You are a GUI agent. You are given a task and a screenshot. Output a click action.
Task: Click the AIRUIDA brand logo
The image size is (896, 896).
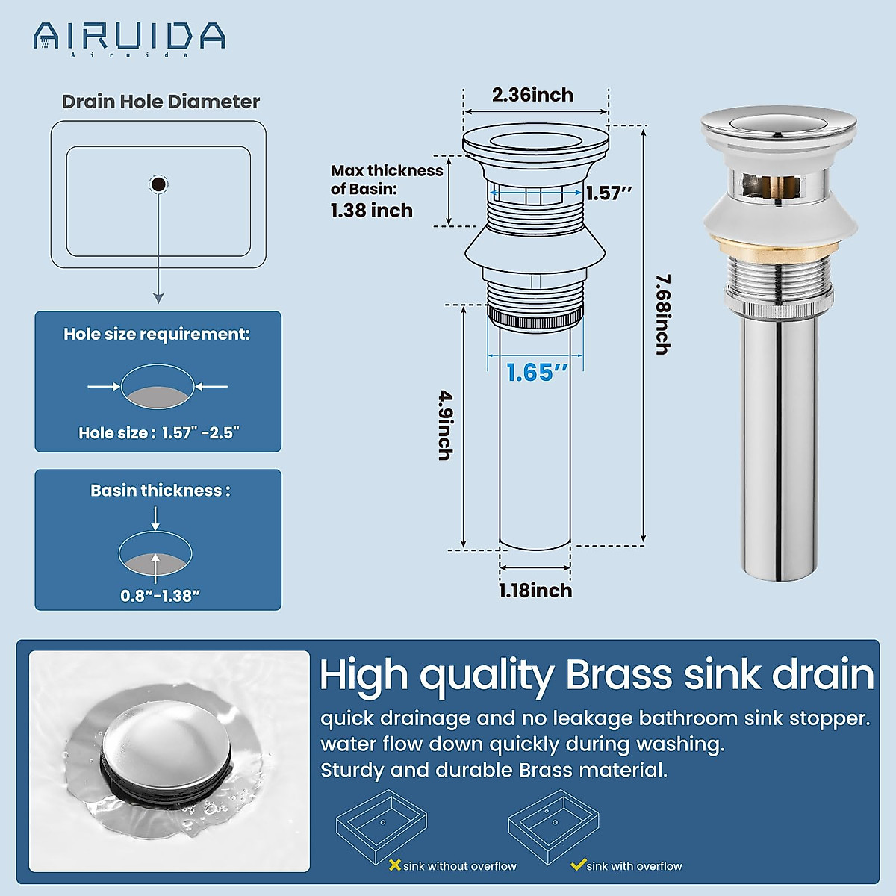tap(129, 37)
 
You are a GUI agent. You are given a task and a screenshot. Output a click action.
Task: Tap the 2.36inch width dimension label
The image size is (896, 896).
tap(532, 95)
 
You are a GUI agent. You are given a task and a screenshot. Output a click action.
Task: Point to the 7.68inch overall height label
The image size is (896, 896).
tap(662, 314)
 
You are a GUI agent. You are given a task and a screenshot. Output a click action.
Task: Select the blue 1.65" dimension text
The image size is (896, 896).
tap(537, 372)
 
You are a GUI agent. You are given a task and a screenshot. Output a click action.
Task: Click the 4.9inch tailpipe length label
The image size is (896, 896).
tap(445, 425)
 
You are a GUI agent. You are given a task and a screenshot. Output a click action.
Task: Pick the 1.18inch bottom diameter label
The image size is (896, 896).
tap(535, 591)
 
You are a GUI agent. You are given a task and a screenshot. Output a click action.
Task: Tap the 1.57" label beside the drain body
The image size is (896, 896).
tap(609, 193)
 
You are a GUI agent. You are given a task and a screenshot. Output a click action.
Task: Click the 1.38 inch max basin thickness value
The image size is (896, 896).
tap(372, 211)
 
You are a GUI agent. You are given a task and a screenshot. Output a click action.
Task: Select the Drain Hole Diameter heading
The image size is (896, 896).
tap(161, 102)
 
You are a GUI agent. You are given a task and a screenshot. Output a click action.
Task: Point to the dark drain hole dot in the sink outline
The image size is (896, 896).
tap(158, 184)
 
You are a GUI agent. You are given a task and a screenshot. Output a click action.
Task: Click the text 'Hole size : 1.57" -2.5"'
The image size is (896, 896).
tap(158, 432)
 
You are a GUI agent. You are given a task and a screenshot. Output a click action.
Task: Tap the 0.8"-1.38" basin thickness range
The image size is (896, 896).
tap(161, 596)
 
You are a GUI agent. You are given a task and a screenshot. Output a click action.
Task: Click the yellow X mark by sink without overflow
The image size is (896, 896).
tap(395, 865)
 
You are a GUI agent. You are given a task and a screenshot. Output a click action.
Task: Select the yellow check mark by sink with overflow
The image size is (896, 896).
tap(577, 865)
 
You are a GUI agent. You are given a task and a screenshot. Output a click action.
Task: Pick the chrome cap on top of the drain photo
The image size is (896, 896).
tap(778, 123)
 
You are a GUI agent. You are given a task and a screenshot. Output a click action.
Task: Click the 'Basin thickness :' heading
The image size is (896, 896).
tap(161, 491)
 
